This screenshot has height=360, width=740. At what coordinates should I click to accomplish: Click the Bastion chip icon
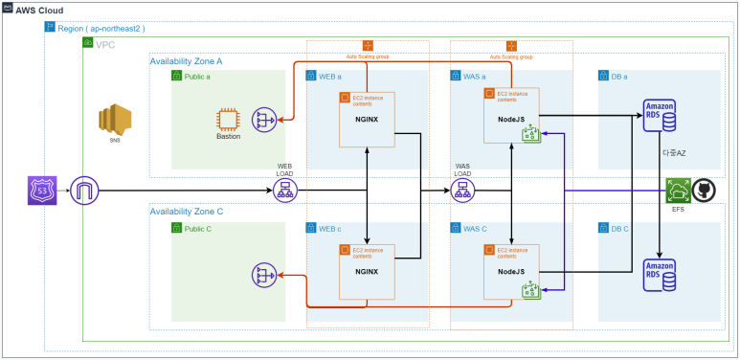point(228,120)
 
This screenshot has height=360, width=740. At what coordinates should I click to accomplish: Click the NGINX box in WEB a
point(368,120)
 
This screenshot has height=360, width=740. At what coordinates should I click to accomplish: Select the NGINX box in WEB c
point(368,271)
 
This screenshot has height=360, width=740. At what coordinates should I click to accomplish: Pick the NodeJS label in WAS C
point(510,271)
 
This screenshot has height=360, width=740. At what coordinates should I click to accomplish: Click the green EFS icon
point(679,191)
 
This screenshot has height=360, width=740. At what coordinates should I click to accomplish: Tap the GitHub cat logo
point(704,191)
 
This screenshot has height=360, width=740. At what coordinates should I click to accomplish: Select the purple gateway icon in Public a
point(264,120)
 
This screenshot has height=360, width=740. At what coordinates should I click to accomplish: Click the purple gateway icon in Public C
point(264,276)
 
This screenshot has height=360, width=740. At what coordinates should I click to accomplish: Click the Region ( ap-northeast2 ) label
point(101,29)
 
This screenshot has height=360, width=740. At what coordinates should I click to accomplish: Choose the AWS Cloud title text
point(39,10)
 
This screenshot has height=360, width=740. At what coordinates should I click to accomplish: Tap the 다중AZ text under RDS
point(674,152)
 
